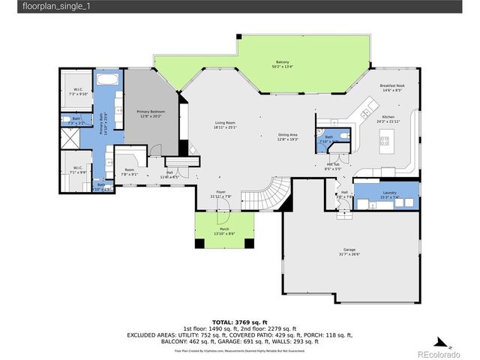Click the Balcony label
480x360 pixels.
point(282,64)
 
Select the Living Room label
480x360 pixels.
point(225,124)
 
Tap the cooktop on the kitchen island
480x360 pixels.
point(387,139)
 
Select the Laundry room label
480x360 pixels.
point(389,195)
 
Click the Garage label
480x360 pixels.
point(349,250)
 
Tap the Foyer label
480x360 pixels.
point(221,194)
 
